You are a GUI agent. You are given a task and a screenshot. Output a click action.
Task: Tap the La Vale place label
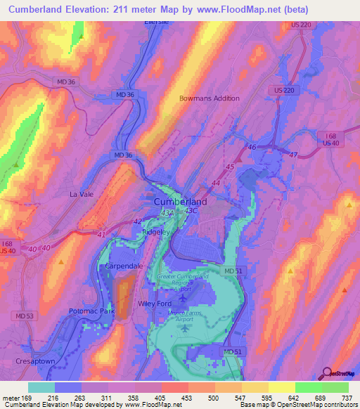pos(81,193)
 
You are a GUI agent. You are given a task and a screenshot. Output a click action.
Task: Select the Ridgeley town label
pos(157,231)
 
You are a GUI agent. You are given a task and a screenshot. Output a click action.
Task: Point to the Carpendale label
pos(124,267)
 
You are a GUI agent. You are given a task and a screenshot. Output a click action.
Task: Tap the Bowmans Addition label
pos(210,98)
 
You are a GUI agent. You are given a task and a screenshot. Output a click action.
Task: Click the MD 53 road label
pos(25,316)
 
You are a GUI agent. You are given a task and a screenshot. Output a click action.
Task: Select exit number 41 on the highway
pos(102,234)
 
